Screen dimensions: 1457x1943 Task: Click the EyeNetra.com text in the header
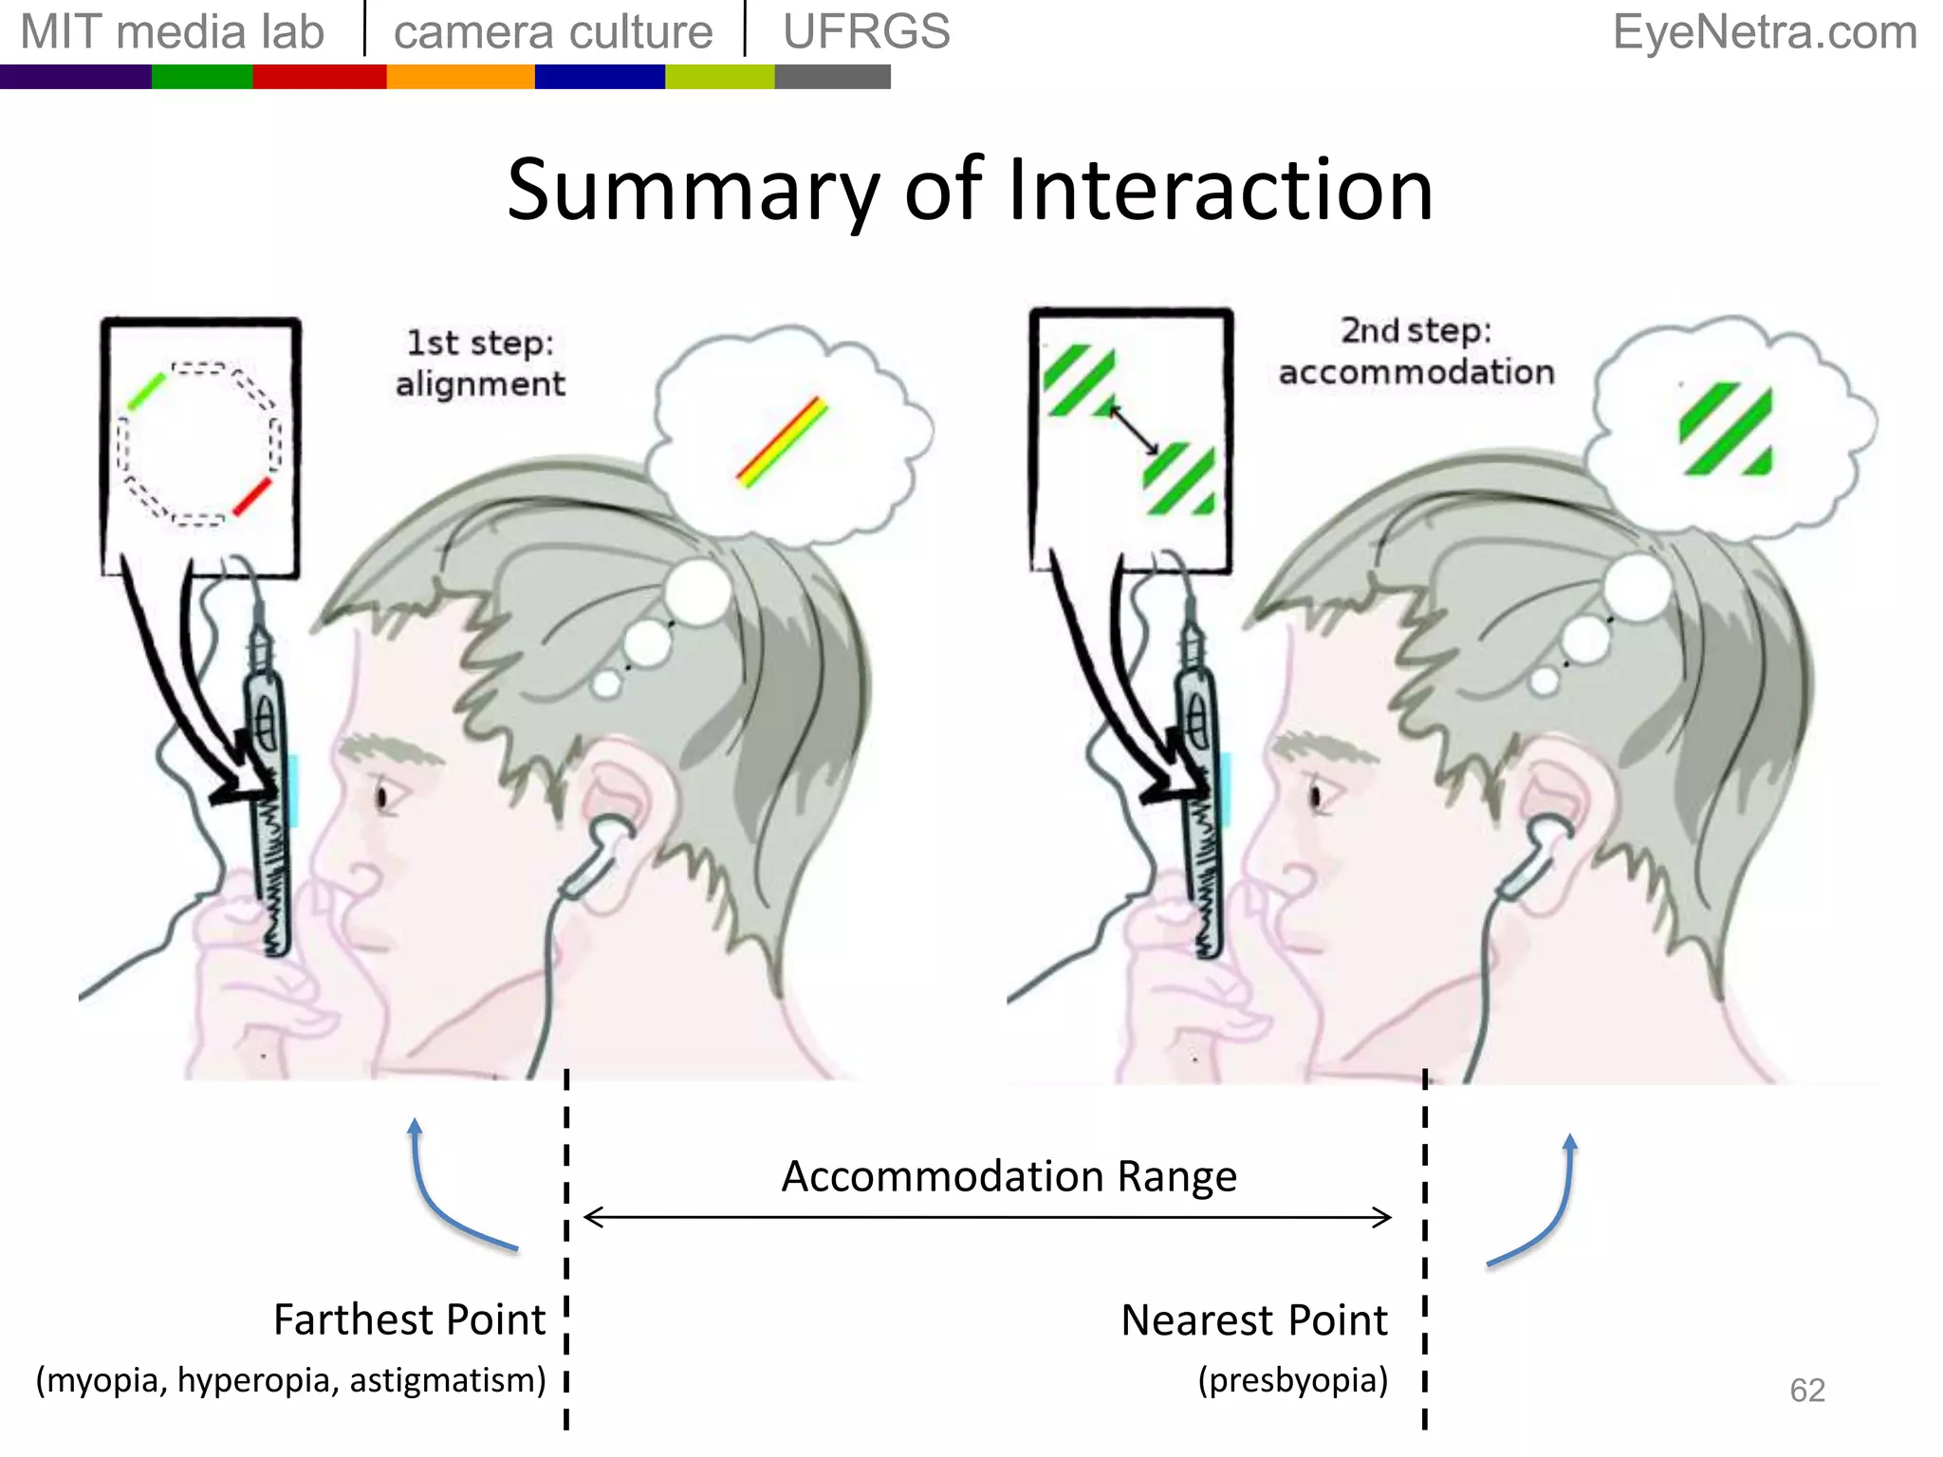click(1765, 32)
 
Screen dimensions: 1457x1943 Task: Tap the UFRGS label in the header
click(866, 32)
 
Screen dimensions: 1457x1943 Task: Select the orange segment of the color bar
click(460, 77)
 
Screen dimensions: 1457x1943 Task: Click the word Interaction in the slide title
click(1220, 191)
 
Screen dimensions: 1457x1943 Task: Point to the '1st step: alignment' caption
click(480, 363)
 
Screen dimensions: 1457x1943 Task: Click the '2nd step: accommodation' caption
click(1416, 352)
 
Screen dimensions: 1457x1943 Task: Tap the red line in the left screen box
click(252, 497)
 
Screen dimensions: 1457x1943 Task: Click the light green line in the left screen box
click(147, 391)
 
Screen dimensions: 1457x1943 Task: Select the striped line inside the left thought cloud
click(783, 442)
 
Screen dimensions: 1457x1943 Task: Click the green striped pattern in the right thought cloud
click(1726, 429)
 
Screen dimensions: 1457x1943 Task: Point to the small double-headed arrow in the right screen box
click(1134, 430)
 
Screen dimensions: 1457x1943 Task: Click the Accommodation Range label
click(1009, 1176)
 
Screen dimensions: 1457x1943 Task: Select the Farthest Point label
click(409, 1319)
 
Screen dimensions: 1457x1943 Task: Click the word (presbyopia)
click(1292, 1380)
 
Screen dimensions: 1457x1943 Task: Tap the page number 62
click(1806, 1390)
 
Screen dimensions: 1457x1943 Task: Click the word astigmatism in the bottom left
click(447, 1380)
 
